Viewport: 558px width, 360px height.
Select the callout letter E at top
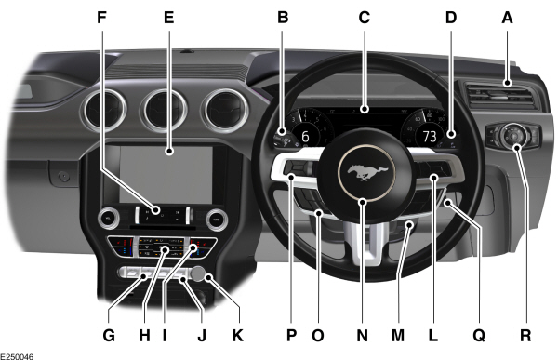(168, 17)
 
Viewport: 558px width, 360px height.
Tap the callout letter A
(508, 17)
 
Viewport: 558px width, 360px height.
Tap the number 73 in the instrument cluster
(429, 136)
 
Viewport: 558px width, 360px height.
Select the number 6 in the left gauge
(304, 136)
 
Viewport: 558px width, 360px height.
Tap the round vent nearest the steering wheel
(223, 109)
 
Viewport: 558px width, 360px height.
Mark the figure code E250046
(20, 353)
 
